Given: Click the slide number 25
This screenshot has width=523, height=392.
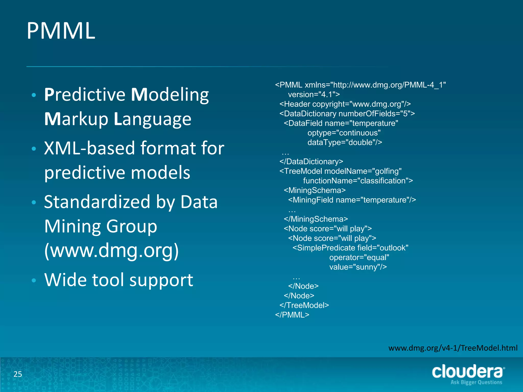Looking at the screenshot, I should point(18,374).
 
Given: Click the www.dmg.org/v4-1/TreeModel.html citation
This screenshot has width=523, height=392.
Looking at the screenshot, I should point(453,348).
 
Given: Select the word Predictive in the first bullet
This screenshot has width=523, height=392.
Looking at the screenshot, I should point(85,95).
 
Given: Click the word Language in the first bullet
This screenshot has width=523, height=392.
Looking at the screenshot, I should point(152,119).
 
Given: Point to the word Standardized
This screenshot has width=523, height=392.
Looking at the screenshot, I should point(97,202).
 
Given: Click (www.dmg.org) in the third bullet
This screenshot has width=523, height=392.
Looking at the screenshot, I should point(112,251).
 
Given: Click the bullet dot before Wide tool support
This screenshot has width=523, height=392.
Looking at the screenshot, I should point(34,280).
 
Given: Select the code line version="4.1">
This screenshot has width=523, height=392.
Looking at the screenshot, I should point(314,95).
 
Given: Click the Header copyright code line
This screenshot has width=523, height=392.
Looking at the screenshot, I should point(345,104).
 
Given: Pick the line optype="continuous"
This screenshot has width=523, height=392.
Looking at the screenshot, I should point(344,133).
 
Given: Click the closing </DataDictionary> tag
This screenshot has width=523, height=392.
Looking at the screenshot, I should point(311,162).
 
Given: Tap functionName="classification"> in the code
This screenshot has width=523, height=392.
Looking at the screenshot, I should point(358,181).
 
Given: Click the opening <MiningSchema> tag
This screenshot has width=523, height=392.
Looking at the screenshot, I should point(315,190).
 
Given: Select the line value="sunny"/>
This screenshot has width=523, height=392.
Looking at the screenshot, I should point(358,267).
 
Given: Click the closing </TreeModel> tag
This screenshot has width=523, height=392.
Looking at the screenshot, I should point(304,305).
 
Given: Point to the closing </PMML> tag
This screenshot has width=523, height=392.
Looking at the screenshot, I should point(292,315).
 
